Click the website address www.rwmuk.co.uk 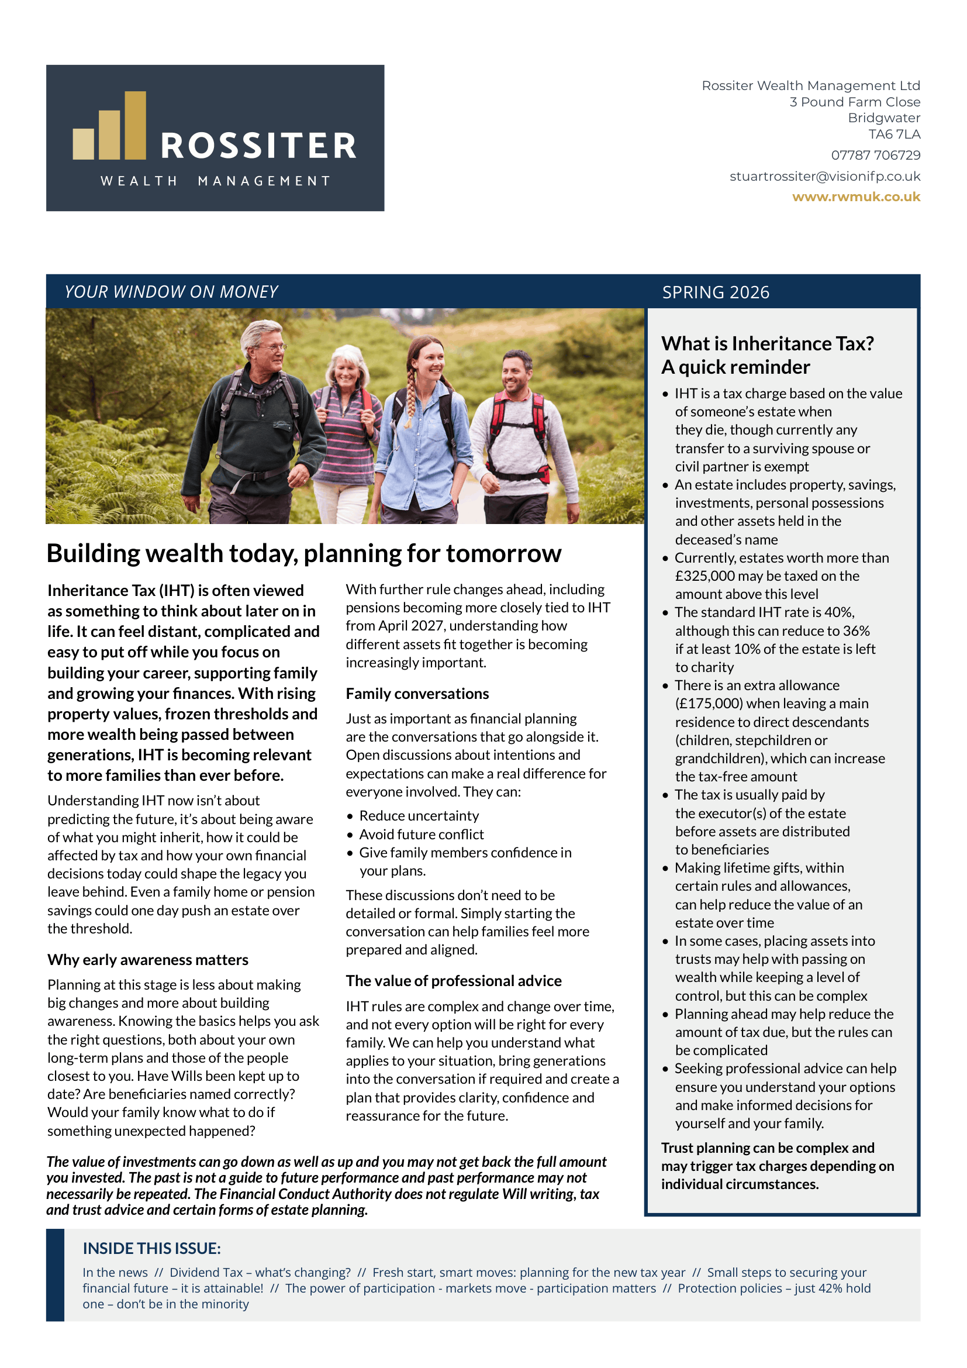[x=856, y=197]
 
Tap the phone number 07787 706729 [x=875, y=156]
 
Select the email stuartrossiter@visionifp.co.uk [x=825, y=177]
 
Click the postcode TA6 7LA [x=894, y=135]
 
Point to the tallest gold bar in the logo [x=135, y=125]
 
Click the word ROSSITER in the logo [x=258, y=147]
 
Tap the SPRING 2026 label [x=716, y=292]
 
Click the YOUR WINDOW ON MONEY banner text [x=171, y=292]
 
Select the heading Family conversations [x=417, y=694]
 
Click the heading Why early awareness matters [x=148, y=960]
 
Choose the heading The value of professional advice [x=454, y=981]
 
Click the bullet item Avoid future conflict [x=421, y=835]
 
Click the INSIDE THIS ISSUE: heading [x=152, y=1248]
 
